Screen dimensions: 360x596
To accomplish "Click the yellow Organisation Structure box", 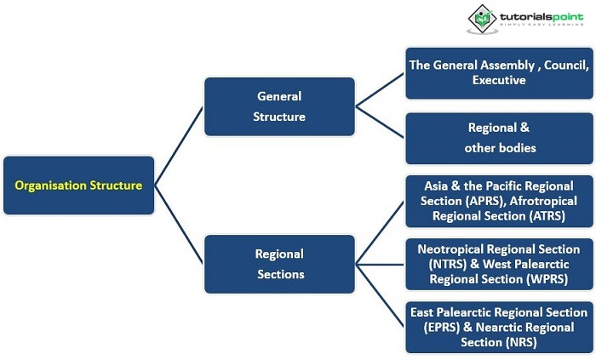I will point(78,185).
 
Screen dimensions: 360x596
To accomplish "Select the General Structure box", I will point(278,106).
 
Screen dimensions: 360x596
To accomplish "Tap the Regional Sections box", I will point(278,263).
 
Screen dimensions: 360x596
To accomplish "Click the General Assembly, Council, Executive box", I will point(498,72).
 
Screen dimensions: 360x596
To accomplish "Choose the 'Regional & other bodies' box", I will point(498,138).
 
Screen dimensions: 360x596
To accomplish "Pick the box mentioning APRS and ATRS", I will point(498,201).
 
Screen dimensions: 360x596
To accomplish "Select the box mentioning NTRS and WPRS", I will point(498,264).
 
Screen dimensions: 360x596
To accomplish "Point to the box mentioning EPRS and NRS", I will point(498,328).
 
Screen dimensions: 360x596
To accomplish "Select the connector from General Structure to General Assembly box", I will point(380,89).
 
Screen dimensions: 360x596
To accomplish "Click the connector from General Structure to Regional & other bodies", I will point(380,122).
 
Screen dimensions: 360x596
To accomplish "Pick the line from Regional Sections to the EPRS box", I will point(380,294).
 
